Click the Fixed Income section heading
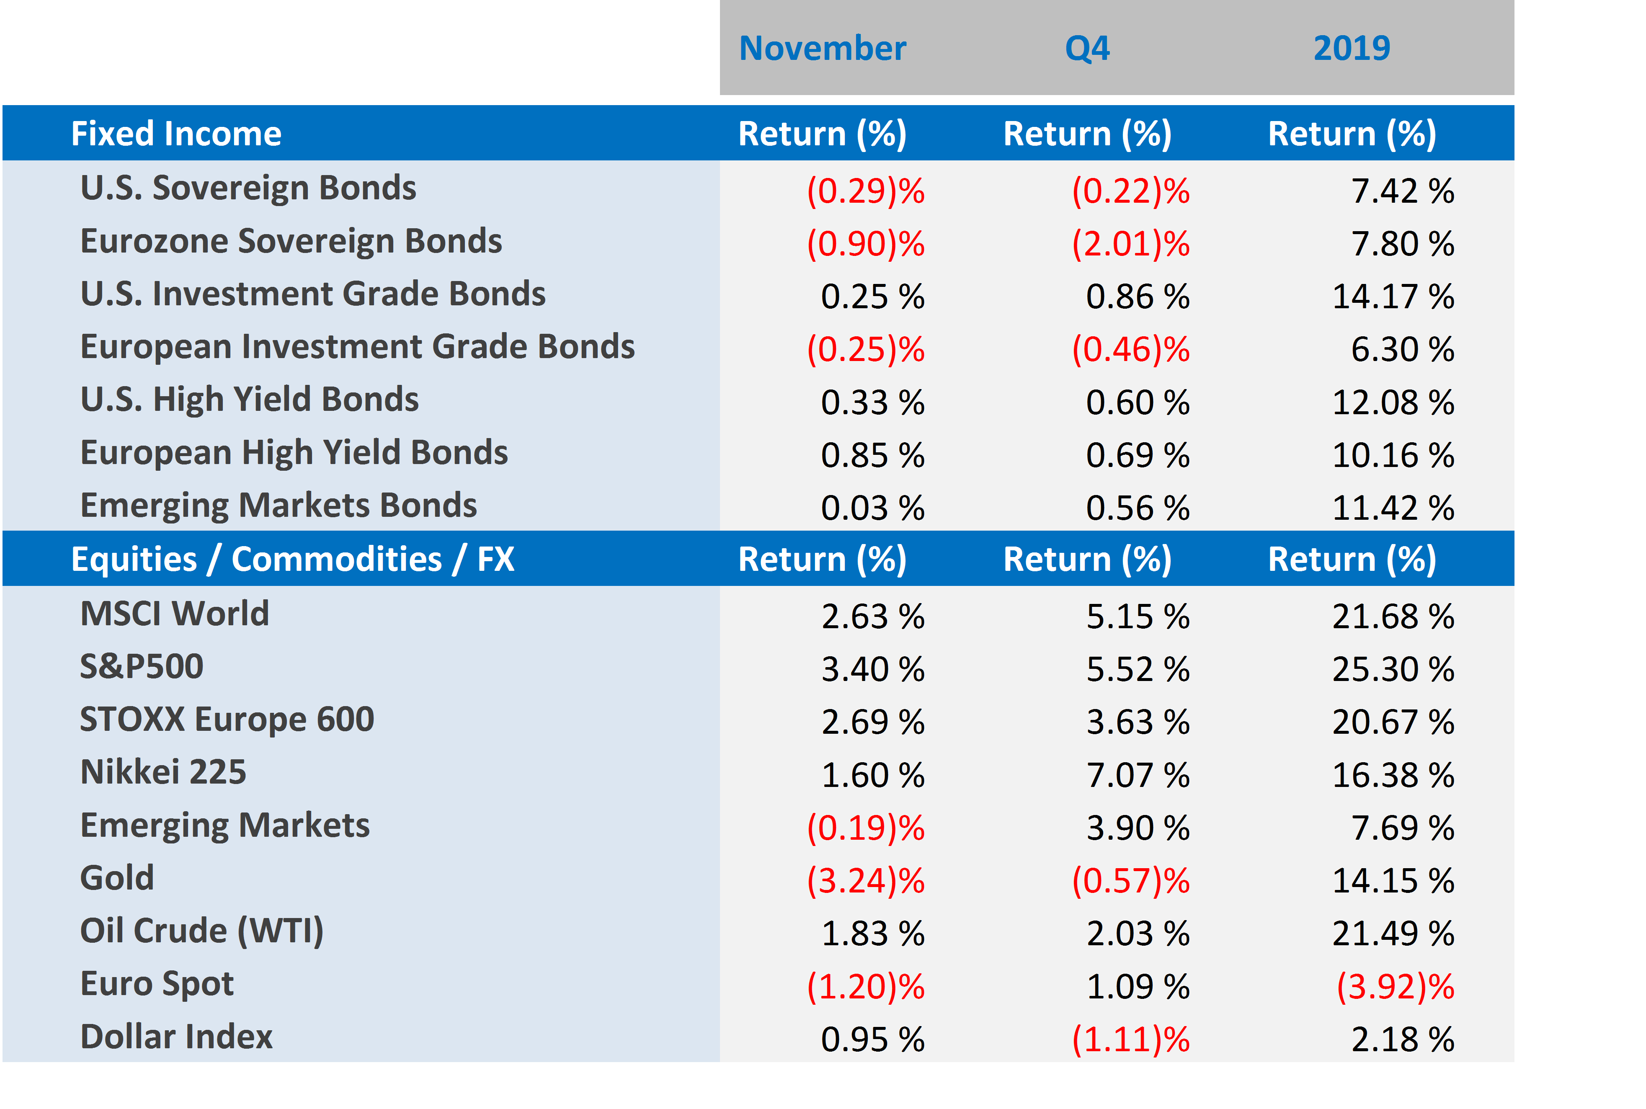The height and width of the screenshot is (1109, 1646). point(176,134)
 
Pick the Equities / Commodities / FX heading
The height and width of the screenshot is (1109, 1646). point(293,560)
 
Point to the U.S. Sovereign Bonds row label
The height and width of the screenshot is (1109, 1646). point(248,188)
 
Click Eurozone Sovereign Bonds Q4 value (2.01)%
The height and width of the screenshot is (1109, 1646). point(1130,244)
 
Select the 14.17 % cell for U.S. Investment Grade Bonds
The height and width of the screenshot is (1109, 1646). point(1393,297)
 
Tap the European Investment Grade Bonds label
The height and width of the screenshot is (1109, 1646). point(357,347)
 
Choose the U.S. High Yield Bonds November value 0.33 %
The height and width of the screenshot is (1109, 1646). point(872,402)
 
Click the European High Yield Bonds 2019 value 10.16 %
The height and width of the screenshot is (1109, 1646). point(1393,456)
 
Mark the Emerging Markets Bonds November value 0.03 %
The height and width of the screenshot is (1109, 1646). point(872,508)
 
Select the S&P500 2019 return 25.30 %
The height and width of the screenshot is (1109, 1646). point(1393,670)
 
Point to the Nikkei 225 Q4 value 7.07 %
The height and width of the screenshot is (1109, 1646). point(1138,775)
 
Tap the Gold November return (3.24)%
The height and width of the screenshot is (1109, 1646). point(866,881)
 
